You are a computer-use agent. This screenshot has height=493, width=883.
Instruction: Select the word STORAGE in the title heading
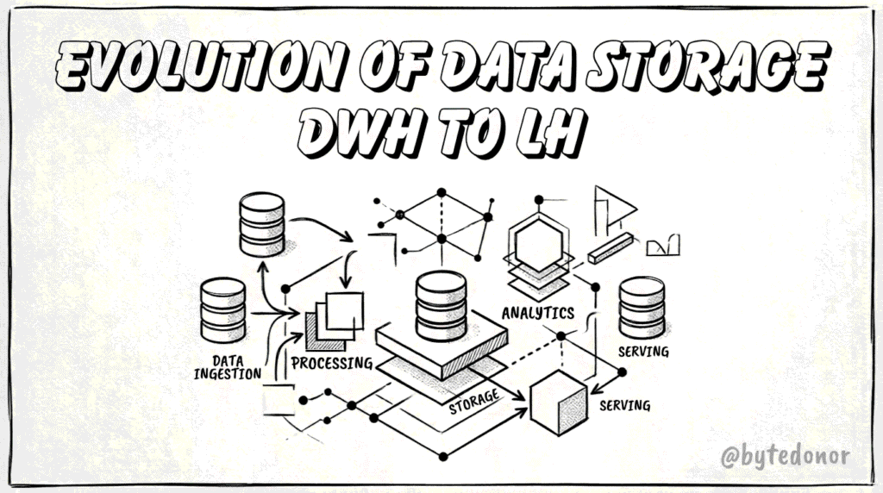coord(707,66)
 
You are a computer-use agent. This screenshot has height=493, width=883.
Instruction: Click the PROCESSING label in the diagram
coord(332,363)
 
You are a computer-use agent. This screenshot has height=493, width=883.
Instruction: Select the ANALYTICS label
coord(538,313)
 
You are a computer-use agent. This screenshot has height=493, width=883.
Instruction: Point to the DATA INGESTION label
coord(228,367)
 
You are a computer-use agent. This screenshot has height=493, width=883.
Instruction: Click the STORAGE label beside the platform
coord(474,401)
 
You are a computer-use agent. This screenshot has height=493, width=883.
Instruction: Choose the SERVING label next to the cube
coord(624,405)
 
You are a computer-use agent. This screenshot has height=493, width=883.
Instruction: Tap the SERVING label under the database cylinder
coord(643,352)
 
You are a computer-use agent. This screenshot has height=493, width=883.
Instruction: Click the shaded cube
coord(559,403)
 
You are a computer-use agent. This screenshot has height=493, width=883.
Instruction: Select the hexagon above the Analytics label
coord(539,245)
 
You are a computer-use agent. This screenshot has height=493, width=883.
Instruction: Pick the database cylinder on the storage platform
coord(441,306)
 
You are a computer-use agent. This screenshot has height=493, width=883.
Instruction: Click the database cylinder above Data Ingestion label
coord(223,310)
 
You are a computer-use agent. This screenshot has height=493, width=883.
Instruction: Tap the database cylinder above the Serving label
coord(642,308)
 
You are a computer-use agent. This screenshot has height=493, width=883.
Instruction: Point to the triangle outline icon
coord(615,209)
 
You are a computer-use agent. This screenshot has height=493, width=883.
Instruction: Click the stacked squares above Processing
coord(335,321)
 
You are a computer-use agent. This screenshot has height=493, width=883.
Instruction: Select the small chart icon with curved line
coord(663,246)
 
